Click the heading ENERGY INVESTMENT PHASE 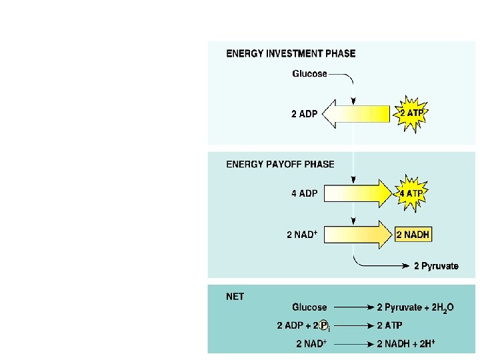291,54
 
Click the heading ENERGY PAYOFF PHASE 281,164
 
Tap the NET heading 235,296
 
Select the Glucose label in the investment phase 309,74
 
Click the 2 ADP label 304,114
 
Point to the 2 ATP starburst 412,114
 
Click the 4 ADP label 304,195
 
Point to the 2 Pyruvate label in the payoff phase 436,266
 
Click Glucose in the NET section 309,307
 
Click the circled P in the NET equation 323,326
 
